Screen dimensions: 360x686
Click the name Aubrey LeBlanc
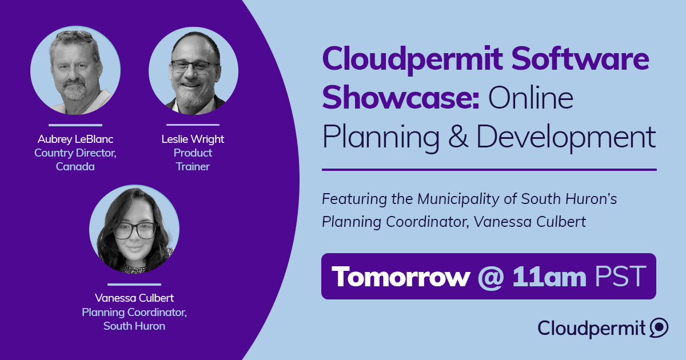(x=75, y=139)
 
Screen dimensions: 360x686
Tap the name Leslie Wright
(x=193, y=139)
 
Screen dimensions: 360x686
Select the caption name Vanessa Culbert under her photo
(x=134, y=298)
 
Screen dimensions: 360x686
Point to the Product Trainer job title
(x=193, y=160)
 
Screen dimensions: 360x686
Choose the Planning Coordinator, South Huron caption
(x=134, y=319)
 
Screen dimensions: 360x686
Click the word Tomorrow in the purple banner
(x=400, y=277)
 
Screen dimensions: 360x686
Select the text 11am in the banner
(x=549, y=277)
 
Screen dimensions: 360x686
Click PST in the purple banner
(x=621, y=277)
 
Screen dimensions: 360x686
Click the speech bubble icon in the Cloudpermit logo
(x=659, y=328)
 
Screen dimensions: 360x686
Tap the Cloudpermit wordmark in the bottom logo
(x=591, y=328)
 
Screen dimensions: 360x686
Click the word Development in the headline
(x=566, y=137)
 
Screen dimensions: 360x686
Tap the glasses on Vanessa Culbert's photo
(x=134, y=230)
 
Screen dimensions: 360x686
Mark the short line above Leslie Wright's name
(x=193, y=125)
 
